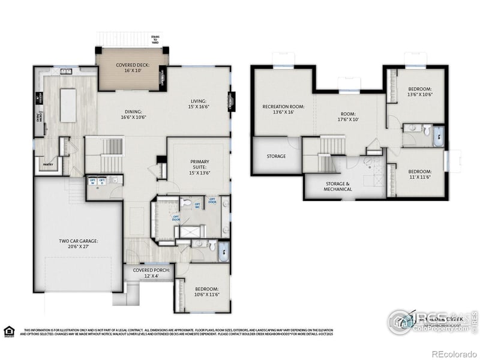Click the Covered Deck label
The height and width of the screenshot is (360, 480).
click(x=132, y=67)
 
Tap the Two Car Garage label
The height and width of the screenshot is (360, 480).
click(x=79, y=244)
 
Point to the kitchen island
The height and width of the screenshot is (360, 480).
click(x=68, y=106)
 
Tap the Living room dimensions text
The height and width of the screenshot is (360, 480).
click(x=198, y=106)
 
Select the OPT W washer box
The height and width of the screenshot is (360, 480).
click(x=93, y=181)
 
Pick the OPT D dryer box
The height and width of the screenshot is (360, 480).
click(x=103, y=181)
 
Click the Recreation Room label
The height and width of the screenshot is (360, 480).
click(x=283, y=109)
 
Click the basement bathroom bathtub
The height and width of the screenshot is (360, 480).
click(x=439, y=137)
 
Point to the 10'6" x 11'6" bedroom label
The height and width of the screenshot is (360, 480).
click(x=206, y=292)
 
